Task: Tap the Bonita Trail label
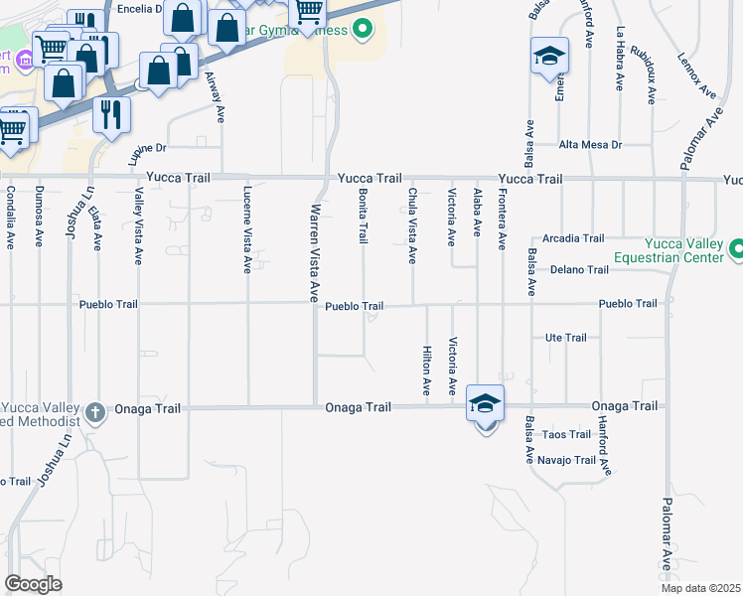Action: [x=364, y=217]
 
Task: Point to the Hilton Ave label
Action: [x=426, y=368]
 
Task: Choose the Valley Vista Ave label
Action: [x=138, y=227]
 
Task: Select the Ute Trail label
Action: [x=567, y=338]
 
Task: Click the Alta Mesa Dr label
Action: [x=590, y=145]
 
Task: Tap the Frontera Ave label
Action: [x=502, y=218]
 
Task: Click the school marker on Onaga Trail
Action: [x=485, y=404]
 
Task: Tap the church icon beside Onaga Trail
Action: [x=95, y=411]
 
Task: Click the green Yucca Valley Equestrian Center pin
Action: [x=737, y=248]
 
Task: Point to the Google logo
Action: [x=33, y=584]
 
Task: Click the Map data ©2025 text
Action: [x=699, y=588]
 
